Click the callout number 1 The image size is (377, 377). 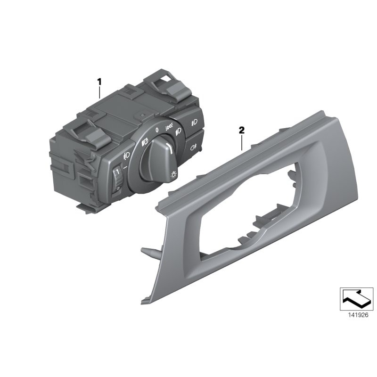click(99, 82)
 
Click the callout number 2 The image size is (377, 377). click(241, 130)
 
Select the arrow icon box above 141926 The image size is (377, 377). click(356, 299)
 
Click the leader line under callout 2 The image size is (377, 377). click(241, 142)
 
